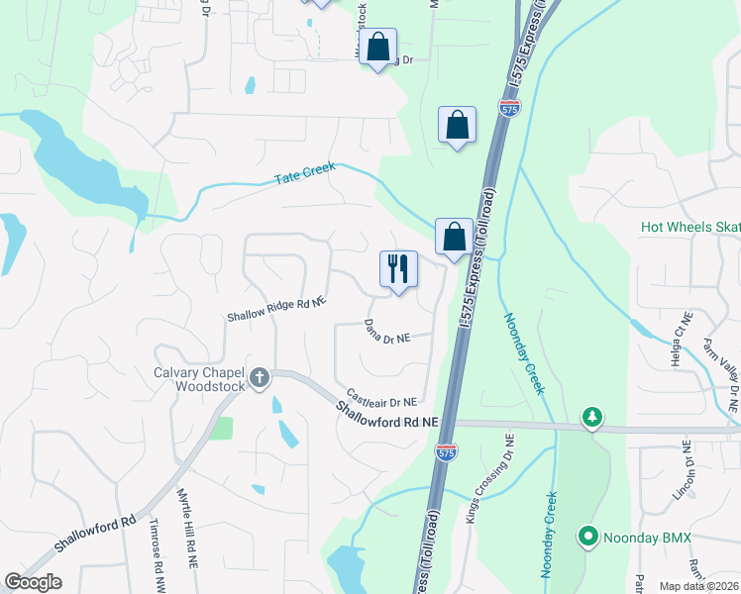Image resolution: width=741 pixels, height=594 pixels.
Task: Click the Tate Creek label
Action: point(305,174)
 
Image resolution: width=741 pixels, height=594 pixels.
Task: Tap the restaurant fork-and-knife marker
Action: point(399,269)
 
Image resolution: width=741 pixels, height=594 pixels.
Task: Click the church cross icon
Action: point(260,376)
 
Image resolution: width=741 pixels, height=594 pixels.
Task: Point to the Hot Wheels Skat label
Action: point(690,227)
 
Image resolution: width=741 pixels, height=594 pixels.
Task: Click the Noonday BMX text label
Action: point(648,538)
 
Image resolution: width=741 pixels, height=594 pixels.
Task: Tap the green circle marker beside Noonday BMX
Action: point(588,538)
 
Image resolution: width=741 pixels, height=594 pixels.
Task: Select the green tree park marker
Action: point(592,416)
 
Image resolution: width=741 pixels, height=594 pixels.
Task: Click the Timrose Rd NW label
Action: point(156,551)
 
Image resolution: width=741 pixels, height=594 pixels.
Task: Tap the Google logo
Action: point(34,582)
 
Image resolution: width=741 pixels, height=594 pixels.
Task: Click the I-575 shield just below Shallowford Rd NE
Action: point(446,451)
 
